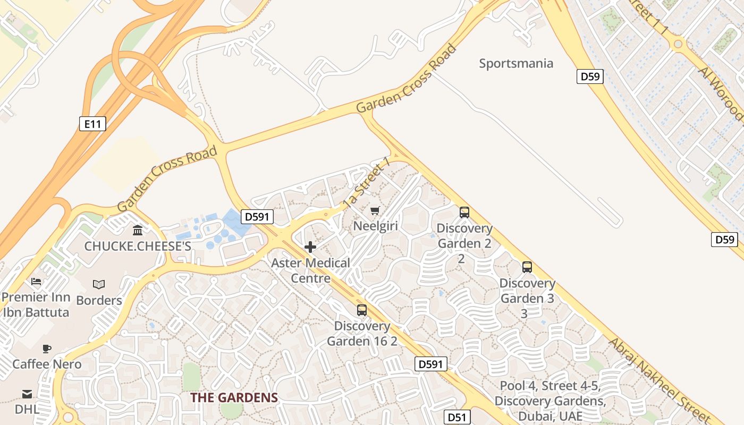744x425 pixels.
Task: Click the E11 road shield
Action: coord(92,124)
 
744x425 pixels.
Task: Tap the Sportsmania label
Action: coord(516,64)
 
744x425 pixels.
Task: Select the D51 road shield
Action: coord(457,417)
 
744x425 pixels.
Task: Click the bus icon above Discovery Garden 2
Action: coord(464,212)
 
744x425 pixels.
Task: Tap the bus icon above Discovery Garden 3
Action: coord(527,267)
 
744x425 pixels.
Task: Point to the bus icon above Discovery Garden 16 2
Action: coord(362,310)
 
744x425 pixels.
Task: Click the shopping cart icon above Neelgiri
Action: coord(375,211)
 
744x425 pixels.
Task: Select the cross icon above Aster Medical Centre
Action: coord(310,247)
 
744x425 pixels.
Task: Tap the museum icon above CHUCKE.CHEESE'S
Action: coord(138,231)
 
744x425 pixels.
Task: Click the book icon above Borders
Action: coord(99,284)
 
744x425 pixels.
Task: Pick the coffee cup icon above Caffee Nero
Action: coord(47,348)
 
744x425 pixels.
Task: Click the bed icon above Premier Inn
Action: coord(36,281)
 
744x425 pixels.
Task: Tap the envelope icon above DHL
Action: coord(27,394)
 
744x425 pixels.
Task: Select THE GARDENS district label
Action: coord(234,397)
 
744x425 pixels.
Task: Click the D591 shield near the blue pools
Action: coord(258,217)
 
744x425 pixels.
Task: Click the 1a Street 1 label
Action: coord(367,182)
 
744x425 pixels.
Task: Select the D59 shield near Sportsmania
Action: coord(590,76)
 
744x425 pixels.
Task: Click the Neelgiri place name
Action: coord(376,226)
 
